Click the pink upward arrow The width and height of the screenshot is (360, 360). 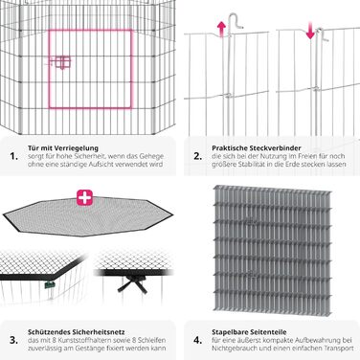[x=221, y=29]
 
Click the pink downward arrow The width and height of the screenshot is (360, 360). [x=310, y=31]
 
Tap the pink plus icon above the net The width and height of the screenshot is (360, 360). [x=84, y=197]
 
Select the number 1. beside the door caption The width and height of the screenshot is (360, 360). [x=13, y=156]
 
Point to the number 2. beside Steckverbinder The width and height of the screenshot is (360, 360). [x=198, y=156]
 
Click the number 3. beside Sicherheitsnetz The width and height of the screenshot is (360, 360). [x=13, y=340]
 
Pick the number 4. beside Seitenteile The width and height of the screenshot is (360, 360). [x=198, y=340]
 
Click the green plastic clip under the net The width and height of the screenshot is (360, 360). [x=48, y=284]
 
